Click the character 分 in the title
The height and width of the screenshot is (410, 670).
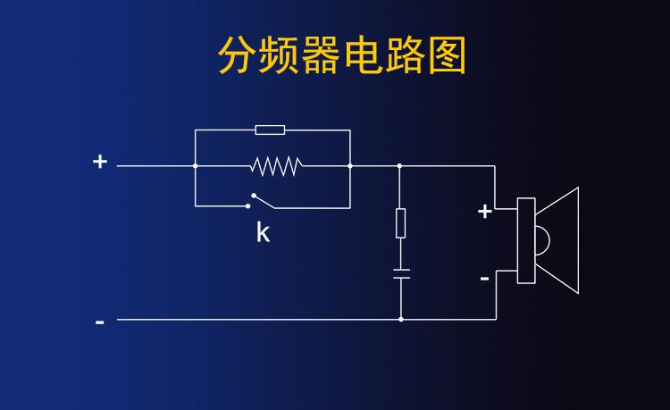(x=238, y=56)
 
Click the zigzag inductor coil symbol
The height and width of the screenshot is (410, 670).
(x=276, y=165)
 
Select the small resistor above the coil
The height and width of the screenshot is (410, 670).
(x=270, y=130)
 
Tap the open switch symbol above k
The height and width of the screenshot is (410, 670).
(x=262, y=201)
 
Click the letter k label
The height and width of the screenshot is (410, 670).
(x=263, y=233)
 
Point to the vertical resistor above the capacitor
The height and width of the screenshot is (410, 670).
(x=400, y=222)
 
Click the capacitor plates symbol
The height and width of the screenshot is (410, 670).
(x=400, y=273)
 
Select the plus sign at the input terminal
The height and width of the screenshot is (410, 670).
(x=100, y=162)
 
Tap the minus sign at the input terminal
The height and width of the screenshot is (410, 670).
(x=100, y=321)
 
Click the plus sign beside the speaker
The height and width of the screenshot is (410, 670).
(x=485, y=212)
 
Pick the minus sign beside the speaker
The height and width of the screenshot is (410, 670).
(x=485, y=279)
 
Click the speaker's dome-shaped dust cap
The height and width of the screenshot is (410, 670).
(x=541, y=240)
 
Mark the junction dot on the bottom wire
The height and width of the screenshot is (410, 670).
(x=400, y=319)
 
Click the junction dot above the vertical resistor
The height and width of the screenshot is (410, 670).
(x=399, y=165)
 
